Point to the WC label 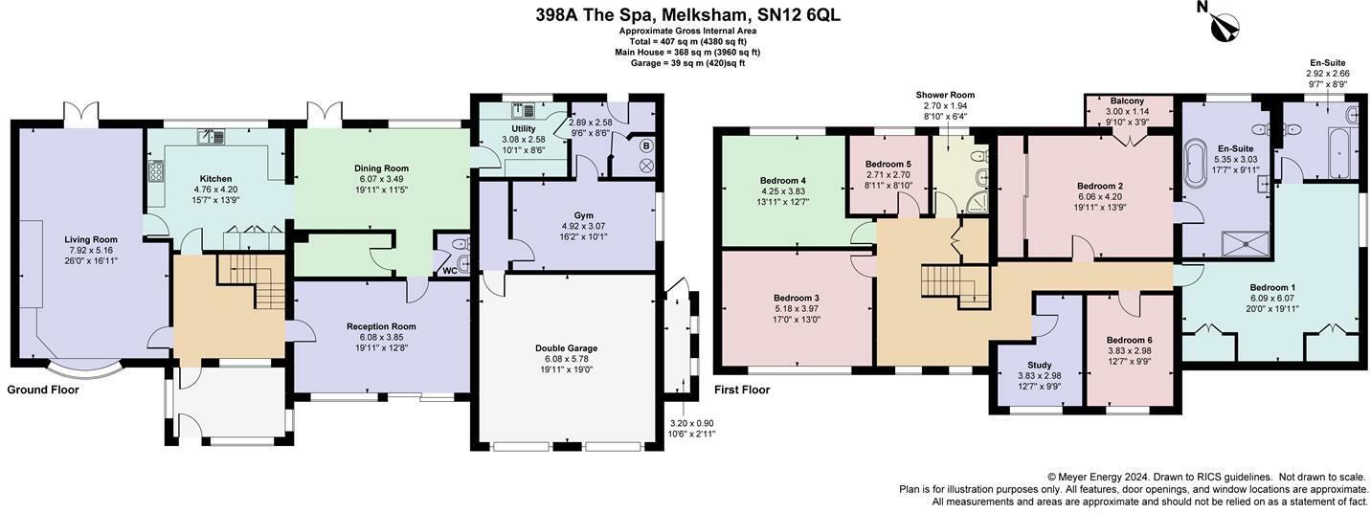[450, 271]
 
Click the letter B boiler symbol [646, 146]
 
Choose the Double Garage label [566, 348]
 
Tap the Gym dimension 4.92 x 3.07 [583, 227]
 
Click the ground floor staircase [252, 282]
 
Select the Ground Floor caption [43, 390]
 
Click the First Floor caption [742, 390]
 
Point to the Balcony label [1127, 101]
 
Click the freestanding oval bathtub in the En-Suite [1194, 164]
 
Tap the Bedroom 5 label [888, 164]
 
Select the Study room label [1040, 365]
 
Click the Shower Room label [945, 95]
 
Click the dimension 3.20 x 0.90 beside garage [691, 423]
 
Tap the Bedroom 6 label [1129, 340]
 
